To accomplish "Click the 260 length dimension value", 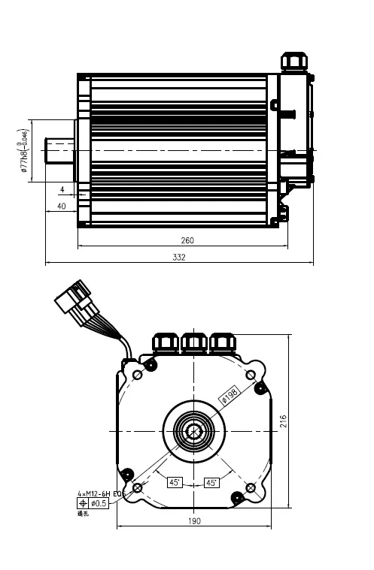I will (187, 240).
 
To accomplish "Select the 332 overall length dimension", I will (179, 258).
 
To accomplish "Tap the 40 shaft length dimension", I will (61, 206).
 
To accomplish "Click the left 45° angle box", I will (175, 483).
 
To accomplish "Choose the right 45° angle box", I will (212, 483).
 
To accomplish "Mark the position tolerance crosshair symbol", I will (83, 502).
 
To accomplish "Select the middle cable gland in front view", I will (194, 342).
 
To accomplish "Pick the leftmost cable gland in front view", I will (166, 342).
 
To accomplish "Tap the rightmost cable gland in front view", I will (222, 342).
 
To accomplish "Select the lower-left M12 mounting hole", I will (137, 488).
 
